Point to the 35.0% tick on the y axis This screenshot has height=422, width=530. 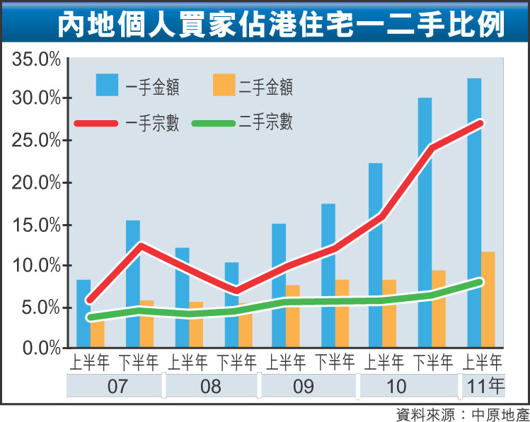(x=36, y=59)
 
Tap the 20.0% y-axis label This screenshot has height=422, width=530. (x=36, y=182)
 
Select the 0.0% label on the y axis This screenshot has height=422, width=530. (x=40, y=348)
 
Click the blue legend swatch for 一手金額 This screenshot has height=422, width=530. (x=108, y=85)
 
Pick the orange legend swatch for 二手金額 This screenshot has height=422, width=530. (x=224, y=85)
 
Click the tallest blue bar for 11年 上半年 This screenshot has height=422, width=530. (x=474, y=212)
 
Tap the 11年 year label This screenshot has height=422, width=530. (x=483, y=387)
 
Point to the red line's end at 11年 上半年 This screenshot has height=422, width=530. (x=481, y=123)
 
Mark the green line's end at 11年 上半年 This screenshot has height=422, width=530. (x=480, y=282)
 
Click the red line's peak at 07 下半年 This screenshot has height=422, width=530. (x=142, y=246)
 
